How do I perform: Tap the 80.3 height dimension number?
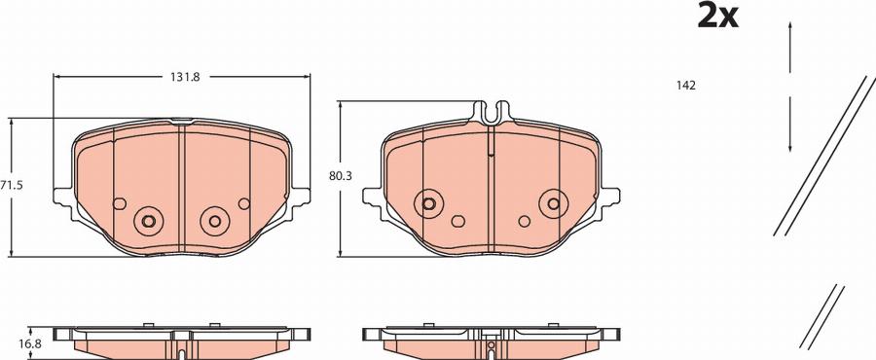tap(340, 176)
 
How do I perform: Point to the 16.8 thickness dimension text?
tap(31, 342)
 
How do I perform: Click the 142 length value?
tap(685, 86)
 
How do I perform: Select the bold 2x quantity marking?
tap(718, 17)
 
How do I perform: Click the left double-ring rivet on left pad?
tap(149, 221)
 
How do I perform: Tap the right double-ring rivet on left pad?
tap(213, 221)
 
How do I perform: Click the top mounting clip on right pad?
tap(492, 114)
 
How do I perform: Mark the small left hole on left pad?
tap(120, 203)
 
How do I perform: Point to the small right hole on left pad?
tap(243, 203)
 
